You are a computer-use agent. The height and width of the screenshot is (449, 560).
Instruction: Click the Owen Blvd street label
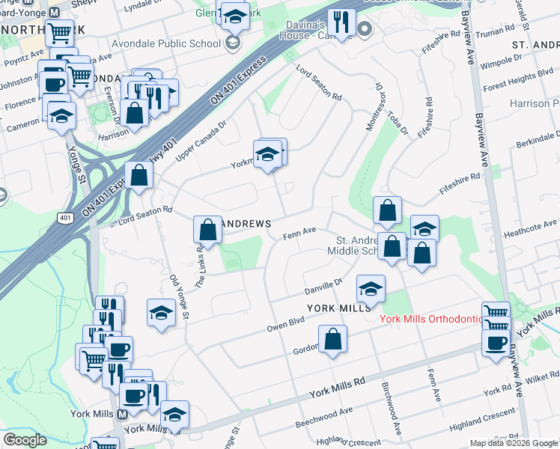point(285,323)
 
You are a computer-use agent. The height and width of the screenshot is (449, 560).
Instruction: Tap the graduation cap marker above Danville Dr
point(371,287)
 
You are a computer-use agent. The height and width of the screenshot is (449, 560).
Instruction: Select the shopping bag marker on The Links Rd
point(208,229)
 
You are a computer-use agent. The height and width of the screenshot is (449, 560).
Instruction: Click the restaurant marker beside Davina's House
point(341,22)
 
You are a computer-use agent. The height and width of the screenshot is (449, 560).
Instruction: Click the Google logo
point(25,440)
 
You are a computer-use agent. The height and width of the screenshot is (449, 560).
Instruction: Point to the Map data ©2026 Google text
point(514,443)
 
